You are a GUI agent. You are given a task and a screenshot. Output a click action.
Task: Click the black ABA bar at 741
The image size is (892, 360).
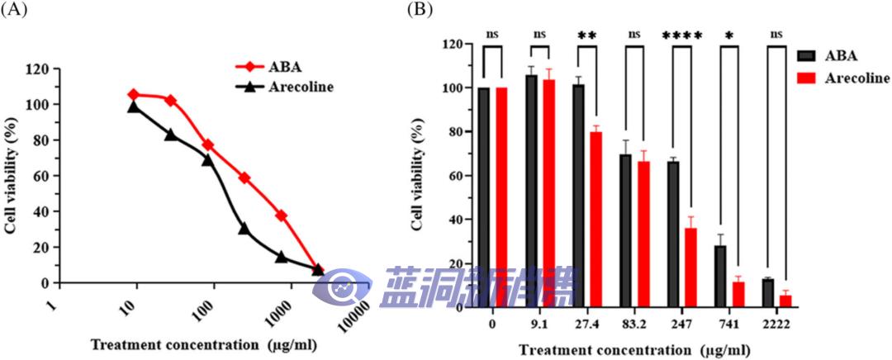[x=720, y=276]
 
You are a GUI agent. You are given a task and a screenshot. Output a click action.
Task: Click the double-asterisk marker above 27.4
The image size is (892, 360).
[x=587, y=36]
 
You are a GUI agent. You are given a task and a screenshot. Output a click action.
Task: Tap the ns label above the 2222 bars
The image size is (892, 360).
[x=776, y=36]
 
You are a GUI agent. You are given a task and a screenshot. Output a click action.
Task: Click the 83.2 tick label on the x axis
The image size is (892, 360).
[x=634, y=324]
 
